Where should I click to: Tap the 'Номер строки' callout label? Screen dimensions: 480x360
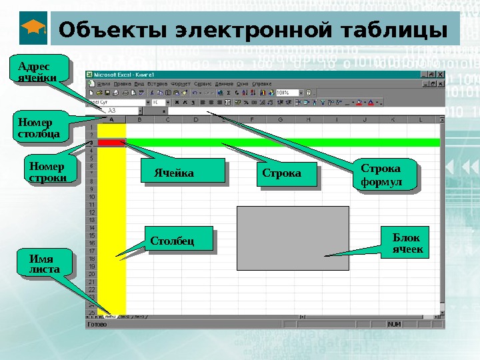[47, 171]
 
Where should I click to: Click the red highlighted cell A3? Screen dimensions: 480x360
[111, 142]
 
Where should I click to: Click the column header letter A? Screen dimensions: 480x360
[111, 119]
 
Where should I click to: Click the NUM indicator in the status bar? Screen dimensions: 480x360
[395, 324]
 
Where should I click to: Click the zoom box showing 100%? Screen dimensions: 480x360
[285, 93]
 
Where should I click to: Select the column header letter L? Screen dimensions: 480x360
[420, 119]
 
